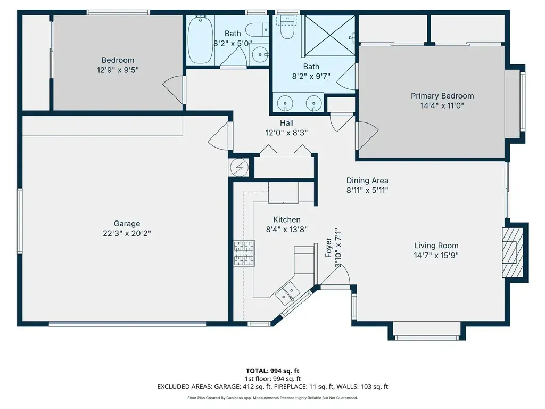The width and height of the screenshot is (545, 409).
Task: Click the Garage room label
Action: (x=127, y=224)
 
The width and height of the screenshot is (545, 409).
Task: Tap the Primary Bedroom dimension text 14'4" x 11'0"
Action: (x=442, y=105)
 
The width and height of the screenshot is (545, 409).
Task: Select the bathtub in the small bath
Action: (x=200, y=40)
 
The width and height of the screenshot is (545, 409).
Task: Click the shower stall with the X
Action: (x=330, y=35)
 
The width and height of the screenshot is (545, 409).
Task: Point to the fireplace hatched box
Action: (x=513, y=252)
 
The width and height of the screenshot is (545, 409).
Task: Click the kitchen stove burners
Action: (x=244, y=253)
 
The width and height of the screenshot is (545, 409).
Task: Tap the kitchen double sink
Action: (x=287, y=291)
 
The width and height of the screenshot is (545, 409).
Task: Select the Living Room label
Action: (x=436, y=246)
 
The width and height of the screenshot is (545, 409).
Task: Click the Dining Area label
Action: (x=367, y=181)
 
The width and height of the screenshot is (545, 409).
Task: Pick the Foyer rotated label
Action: (x=328, y=248)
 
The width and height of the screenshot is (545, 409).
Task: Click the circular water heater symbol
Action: (x=239, y=168)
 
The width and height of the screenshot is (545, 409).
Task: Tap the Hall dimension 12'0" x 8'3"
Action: (x=286, y=133)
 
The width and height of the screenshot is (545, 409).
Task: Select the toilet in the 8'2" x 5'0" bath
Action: (x=257, y=30)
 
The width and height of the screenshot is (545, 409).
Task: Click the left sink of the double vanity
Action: (x=285, y=103)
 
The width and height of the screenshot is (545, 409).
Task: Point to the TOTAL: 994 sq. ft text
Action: (x=272, y=371)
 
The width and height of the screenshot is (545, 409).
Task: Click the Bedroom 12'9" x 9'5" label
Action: (x=118, y=65)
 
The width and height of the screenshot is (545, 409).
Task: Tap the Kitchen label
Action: (x=287, y=219)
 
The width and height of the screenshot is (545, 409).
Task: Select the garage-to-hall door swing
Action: (x=219, y=136)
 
